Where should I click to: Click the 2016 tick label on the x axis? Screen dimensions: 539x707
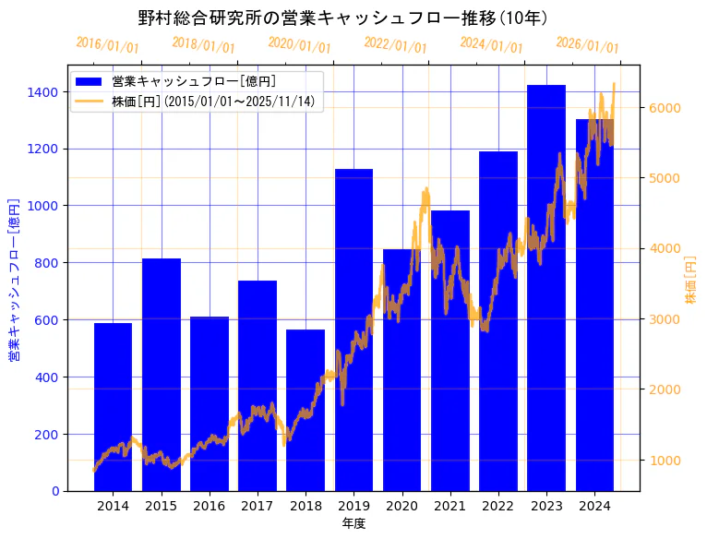point(210,506)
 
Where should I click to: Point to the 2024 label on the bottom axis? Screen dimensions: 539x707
point(594,506)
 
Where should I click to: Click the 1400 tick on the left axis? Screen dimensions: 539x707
point(42,92)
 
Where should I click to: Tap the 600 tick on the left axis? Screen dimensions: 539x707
point(46,320)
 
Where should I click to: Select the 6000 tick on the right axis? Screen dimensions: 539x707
point(665,108)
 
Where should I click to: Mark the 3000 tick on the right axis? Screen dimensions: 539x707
point(665,319)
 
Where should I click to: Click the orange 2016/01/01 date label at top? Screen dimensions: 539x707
point(108,44)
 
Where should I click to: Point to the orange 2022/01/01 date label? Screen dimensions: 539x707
point(396,44)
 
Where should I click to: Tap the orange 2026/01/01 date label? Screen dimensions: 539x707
point(588,44)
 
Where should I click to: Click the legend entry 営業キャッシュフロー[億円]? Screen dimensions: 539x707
point(194,81)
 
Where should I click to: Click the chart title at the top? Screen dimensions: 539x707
point(343,18)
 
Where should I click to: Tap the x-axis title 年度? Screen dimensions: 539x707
point(353,523)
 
